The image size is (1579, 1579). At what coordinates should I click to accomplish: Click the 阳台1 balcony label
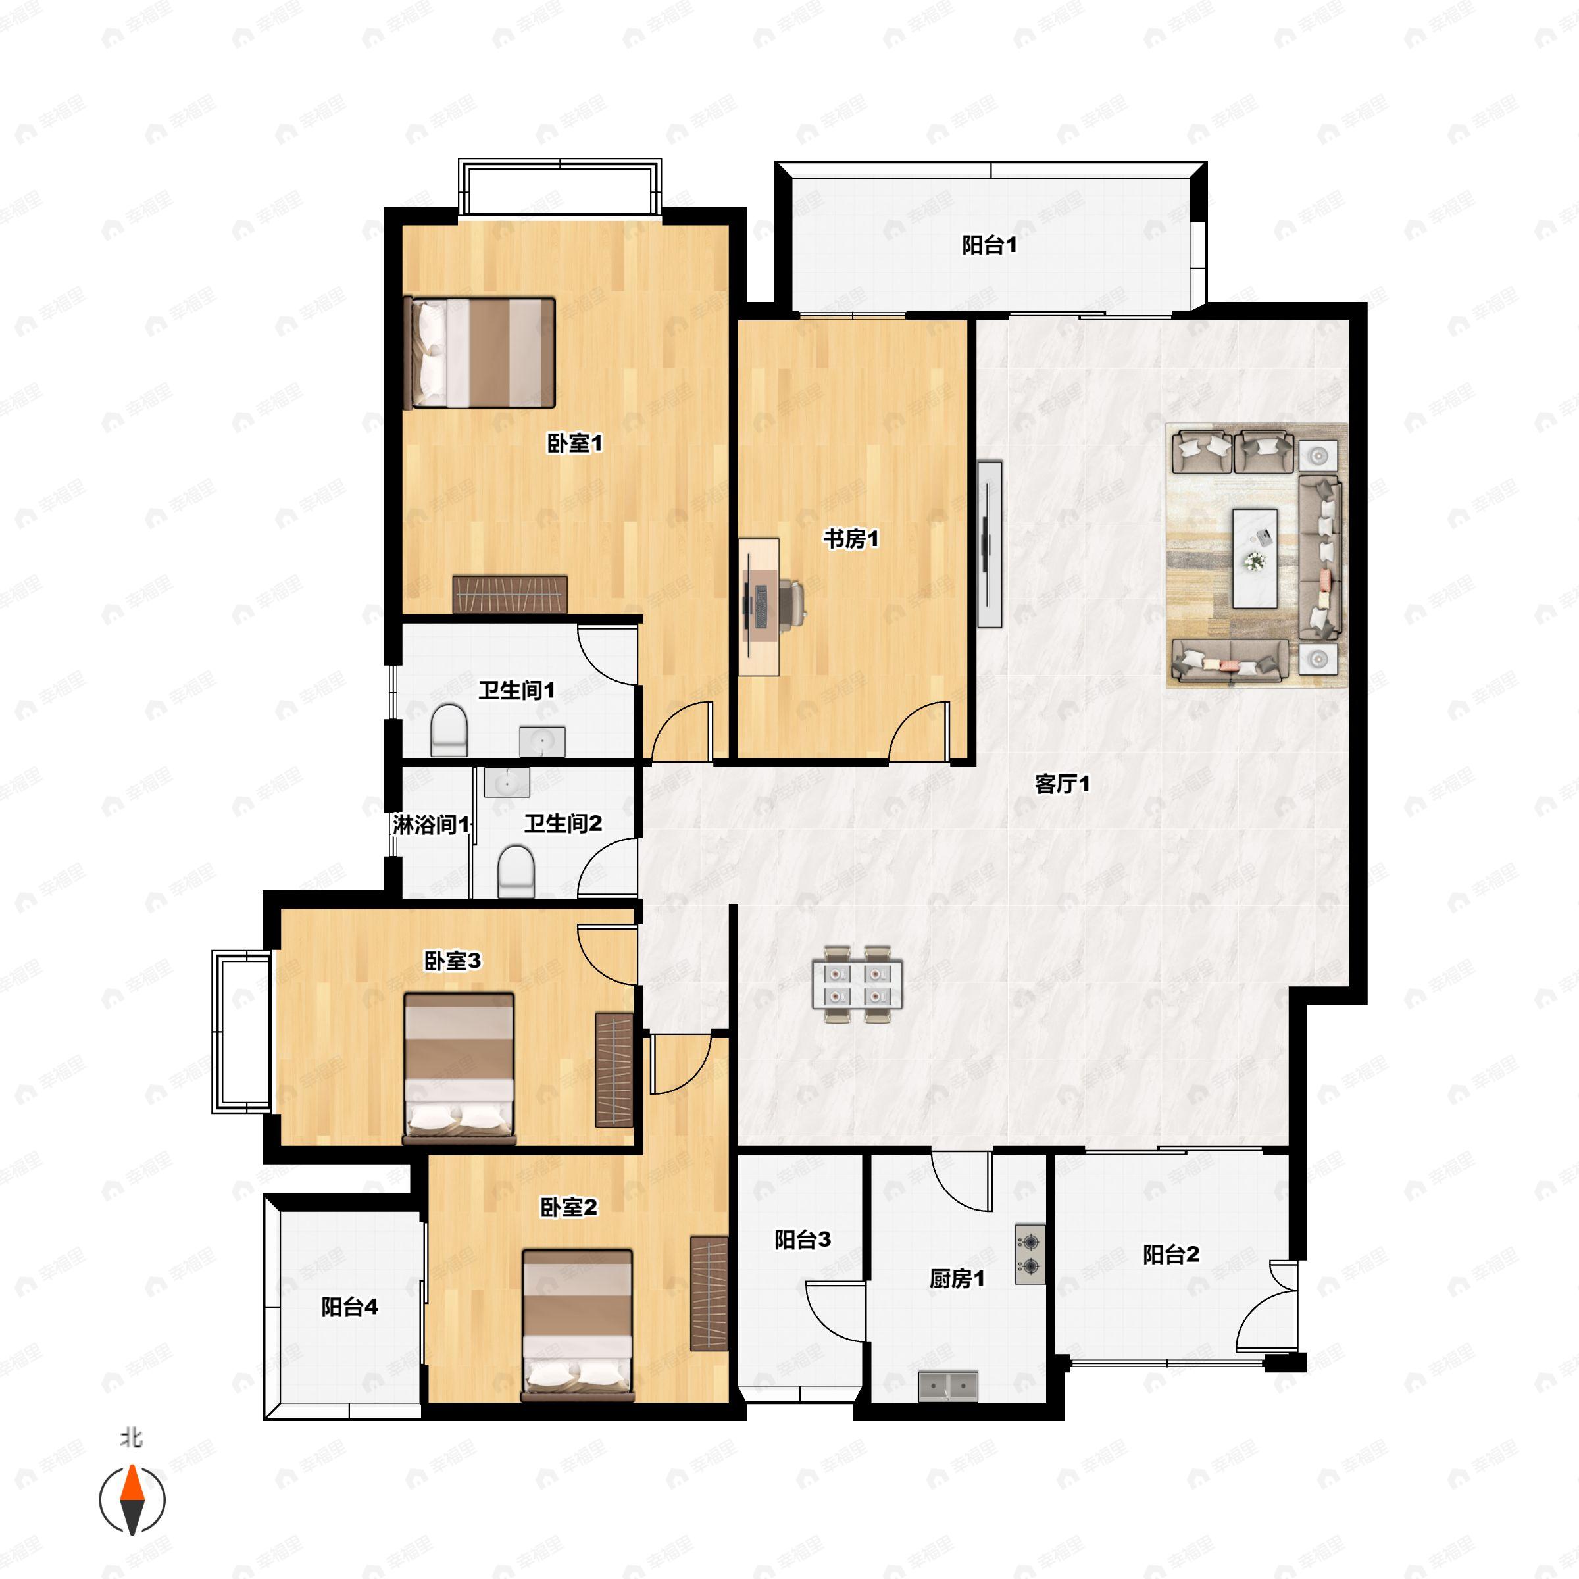pyautogui.click(x=989, y=245)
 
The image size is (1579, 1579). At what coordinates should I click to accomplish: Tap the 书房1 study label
pyautogui.click(x=851, y=539)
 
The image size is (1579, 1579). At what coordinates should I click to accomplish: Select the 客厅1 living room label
pyautogui.click(x=1062, y=785)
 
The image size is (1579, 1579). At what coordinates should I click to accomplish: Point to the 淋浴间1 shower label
pyautogui.click(x=432, y=824)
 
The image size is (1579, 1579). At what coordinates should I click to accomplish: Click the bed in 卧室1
pyautogui.click(x=480, y=353)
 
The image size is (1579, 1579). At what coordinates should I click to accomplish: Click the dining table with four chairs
pyautogui.click(x=857, y=984)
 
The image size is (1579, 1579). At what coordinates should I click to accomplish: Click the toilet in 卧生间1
pyautogui.click(x=449, y=729)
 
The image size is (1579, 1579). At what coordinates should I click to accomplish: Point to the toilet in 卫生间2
pyautogui.click(x=516, y=871)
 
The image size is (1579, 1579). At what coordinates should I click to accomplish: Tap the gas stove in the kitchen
pyautogui.click(x=1030, y=1255)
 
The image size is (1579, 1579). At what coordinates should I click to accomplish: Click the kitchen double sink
pyautogui.click(x=948, y=1386)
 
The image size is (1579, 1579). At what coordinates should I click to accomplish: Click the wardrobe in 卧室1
pyautogui.click(x=510, y=594)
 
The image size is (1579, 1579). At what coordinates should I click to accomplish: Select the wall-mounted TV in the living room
pyautogui.click(x=988, y=543)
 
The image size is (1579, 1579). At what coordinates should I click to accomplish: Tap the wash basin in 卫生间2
pyautogui.click(x=507, y=782)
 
